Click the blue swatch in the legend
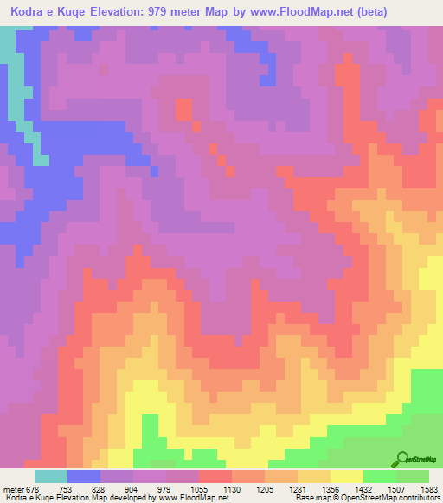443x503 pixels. (84, 476)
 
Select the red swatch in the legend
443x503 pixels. (215, 476)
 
